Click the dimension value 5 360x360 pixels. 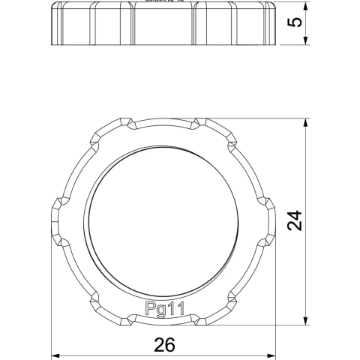[295, 22]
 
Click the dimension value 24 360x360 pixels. [295, 220]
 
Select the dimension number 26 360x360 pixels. [164, 345]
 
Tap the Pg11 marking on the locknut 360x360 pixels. [165, 309]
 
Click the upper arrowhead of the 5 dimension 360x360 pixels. [305, 7]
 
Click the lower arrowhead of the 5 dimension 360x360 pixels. [305, 40]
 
